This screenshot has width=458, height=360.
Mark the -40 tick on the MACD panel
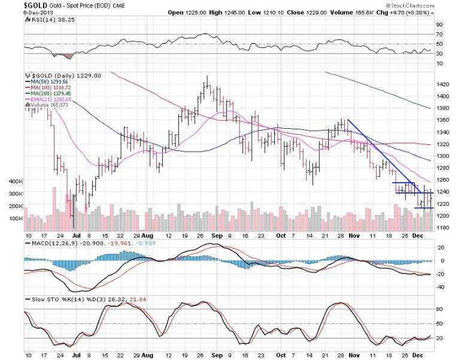tap(440, 286)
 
